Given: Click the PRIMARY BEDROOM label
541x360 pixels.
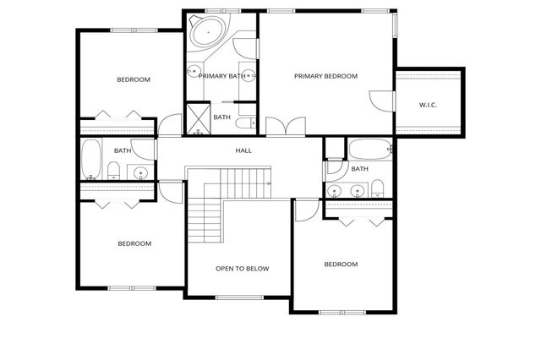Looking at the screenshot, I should [325, 76].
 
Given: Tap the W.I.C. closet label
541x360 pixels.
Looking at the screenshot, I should [427, 105].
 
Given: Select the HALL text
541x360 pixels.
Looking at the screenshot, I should [243, 150].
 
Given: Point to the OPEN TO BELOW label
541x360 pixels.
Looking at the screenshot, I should [242, 269].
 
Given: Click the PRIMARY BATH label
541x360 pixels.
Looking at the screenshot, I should [221, 76].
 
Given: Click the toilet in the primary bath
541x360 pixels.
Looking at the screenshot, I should [245, 124].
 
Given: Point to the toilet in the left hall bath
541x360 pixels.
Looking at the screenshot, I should [113, 172].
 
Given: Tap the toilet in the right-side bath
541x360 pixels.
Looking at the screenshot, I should [378, 188].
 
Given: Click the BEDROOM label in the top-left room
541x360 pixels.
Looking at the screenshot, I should [133, 79].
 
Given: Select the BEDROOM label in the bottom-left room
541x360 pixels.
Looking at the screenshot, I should [134, 243].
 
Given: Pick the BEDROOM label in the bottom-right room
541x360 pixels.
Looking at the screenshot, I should [341, 264].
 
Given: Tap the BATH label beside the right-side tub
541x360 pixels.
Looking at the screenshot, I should [359, 169].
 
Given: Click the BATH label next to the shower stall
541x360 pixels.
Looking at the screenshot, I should [222, 117].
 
